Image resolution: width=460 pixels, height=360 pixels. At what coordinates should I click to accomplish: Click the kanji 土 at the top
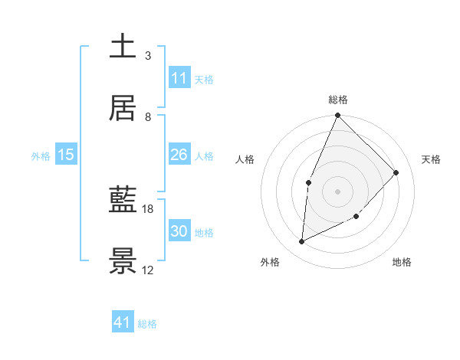click(123, 46)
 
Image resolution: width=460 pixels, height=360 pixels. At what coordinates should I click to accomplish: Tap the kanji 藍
click(123, 201)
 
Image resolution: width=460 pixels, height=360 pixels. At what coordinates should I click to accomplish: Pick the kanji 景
click(123, 262)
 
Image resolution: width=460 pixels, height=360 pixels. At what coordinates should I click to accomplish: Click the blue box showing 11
click(179, 78)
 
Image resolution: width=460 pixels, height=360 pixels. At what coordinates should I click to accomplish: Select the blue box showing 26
click(179, 155)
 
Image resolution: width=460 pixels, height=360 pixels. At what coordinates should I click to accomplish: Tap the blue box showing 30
click(179, 231)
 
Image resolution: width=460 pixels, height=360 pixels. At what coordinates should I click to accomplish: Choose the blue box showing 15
click(66, 155)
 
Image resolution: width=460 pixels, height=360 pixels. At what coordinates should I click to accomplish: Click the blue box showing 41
click(123, 322)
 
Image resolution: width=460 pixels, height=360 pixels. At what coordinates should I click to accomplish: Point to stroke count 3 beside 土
click(148, 55)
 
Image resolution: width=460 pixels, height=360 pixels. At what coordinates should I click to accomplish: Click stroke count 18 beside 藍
click(148, 208)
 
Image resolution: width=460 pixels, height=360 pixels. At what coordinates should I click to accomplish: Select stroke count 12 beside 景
click(148, 270)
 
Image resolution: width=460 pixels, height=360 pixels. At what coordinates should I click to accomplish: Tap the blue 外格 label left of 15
click(41, 156)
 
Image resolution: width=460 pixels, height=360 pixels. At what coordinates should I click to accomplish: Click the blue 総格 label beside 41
click(147, 324)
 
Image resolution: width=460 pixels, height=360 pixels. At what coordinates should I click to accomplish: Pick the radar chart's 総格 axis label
click(338, 100)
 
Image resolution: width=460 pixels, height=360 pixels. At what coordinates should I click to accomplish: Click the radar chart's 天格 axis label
click(432, 159)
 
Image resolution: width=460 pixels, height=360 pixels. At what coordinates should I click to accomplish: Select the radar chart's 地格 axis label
click(402, 262)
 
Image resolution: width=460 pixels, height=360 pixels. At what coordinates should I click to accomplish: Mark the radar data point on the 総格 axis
click(337, 116)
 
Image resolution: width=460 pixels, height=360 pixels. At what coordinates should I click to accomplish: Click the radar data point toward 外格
click(302, 242)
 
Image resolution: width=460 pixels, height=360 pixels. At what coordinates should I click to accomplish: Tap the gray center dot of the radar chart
click(337, 191)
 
